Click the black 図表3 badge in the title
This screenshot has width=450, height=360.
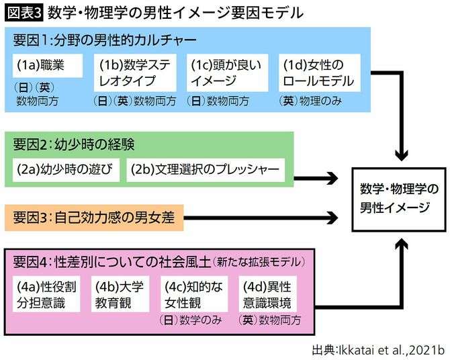click(25, 13)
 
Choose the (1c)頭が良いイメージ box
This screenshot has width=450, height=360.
click(226, 73)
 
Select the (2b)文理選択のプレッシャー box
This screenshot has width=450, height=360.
click(205, 169)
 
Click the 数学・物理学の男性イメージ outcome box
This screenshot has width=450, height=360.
click(399, 198)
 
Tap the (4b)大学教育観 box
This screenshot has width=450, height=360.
click(121, 294)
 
